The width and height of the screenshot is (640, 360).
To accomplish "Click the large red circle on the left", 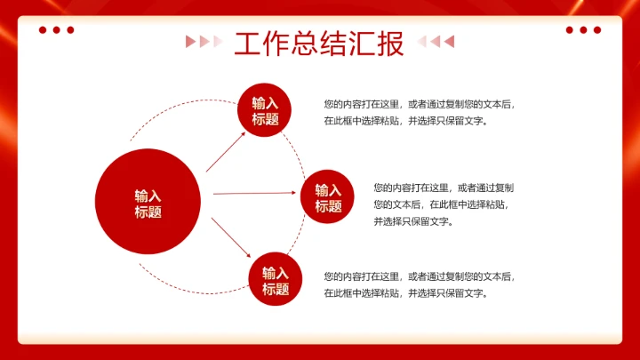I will pyautogui.click(x=148, y=202).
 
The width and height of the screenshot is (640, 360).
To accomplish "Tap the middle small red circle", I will pyautogui.click(x=327, y=196).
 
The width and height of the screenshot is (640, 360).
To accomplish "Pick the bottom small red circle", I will pyautogui.click(x=275, y=279).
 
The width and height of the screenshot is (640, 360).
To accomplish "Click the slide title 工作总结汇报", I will pyautogui.click(x=319, y=43).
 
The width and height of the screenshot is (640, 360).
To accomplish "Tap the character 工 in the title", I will pyautogui.click(x=248, y=43).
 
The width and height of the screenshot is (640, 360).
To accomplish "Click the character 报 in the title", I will pyautogui.click(x=391, y=43).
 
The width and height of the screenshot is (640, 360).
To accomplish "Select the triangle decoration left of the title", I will pyautogui.click(x=204, y=41).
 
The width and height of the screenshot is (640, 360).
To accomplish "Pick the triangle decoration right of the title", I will pyautogui.click(x=436, y=41).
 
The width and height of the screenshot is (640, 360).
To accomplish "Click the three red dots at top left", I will pyautogui.click(x=56, y=29).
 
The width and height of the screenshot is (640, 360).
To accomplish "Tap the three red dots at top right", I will pyautogui.click(x=583, y=29).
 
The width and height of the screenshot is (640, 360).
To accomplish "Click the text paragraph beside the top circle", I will pyautogui.click(x=419, y=112).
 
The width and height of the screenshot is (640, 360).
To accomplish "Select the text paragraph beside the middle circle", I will pyautogui.click(x=444, y=204).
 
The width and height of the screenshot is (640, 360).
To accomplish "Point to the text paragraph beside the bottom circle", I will pyautogui.click(x=419, y=284).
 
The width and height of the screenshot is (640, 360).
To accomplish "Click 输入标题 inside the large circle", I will pyautogui.click(x=148, y=204).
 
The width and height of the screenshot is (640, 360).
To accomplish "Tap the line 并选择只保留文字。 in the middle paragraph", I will pyautogui.click(x=413, y=221).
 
